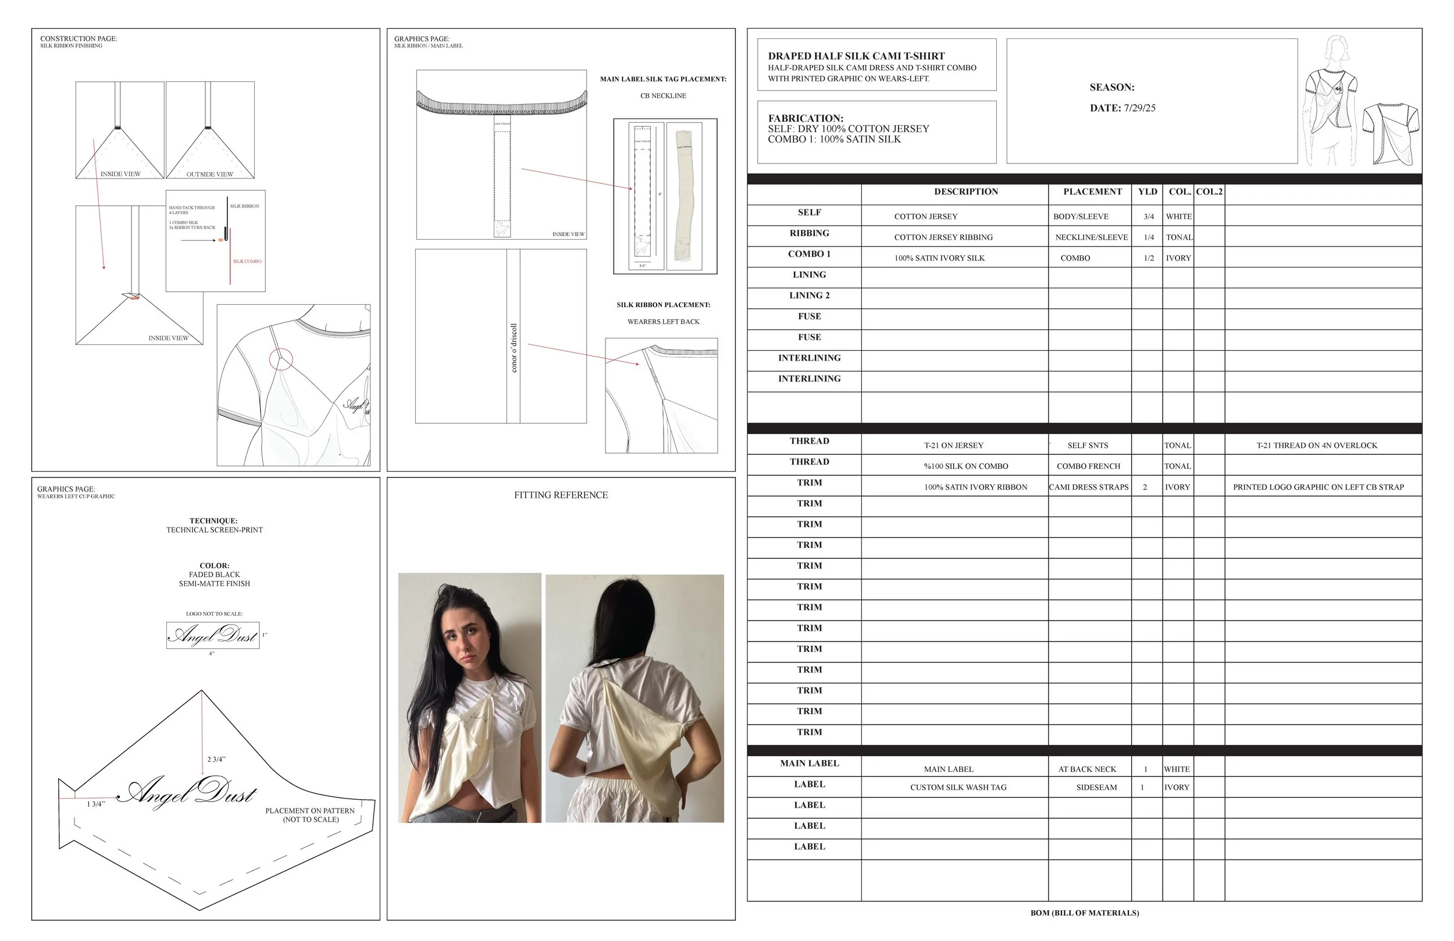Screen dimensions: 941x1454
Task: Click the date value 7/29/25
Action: pyautogui.click(x=1139, y=108)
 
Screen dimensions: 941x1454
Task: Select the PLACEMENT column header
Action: pyautogui.click(x=1092, y=192)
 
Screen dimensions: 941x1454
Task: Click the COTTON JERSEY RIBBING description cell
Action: pyautogui.click(x=943, y=237)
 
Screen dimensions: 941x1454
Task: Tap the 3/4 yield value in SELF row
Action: pyautogui.click(x=1149, y=216)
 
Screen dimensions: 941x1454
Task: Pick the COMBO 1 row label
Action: pyautogui.click(x=809, y=254)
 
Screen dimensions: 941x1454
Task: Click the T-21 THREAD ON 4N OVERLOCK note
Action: pyautogui.click(x=1317, y=445)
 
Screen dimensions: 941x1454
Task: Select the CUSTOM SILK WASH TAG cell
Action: pyautogui.click(x=958, y=787)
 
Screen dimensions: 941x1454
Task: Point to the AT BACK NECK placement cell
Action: pyautogui.click(x=1087, y=769)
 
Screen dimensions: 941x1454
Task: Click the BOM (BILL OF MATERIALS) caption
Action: pyautogui.click(x=1084, y=913)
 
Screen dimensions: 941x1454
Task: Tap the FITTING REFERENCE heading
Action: pyautogui.click(x=561, y=495)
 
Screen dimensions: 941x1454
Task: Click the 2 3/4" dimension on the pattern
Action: pyautogui.click(x=216, y=760)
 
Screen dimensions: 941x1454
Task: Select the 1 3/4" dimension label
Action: pyautogui.click(x=96, y=804)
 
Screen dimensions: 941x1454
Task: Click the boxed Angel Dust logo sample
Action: pyautogui.click(x=213, y=636)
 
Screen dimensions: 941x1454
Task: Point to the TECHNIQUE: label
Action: pyautogui.click(x=213, y=521)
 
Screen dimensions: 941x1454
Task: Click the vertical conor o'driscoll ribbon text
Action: pyautogui.click(x=514, y=348)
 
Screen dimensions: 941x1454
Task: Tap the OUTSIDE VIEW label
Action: pyautogui.click(x=209, y=174)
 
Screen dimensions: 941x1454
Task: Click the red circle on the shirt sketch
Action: pyautogui.click(x=281, y=359)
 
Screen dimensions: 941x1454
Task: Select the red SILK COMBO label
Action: pyautogui.click(x=247, y=262)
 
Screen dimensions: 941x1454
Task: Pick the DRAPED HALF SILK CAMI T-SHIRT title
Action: pyautogui.click(x=856, y=56)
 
